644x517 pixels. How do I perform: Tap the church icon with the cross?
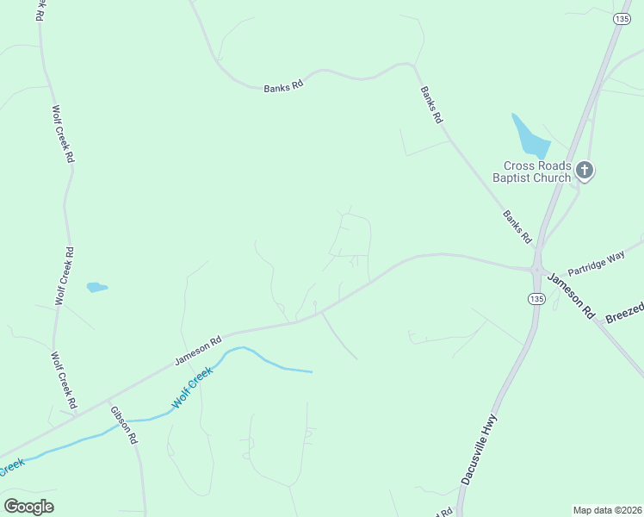585,171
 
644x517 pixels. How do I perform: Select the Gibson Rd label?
124,423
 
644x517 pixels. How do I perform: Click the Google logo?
28,507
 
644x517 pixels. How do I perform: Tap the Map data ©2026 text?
607,509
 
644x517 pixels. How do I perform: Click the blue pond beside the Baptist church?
529,134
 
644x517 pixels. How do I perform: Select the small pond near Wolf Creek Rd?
96,287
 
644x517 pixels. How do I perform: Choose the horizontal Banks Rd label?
283,86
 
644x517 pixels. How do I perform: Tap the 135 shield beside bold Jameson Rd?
536,298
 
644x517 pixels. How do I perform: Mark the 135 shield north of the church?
622,18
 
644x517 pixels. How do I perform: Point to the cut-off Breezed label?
624,313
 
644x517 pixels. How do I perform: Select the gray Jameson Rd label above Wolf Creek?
198,348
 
